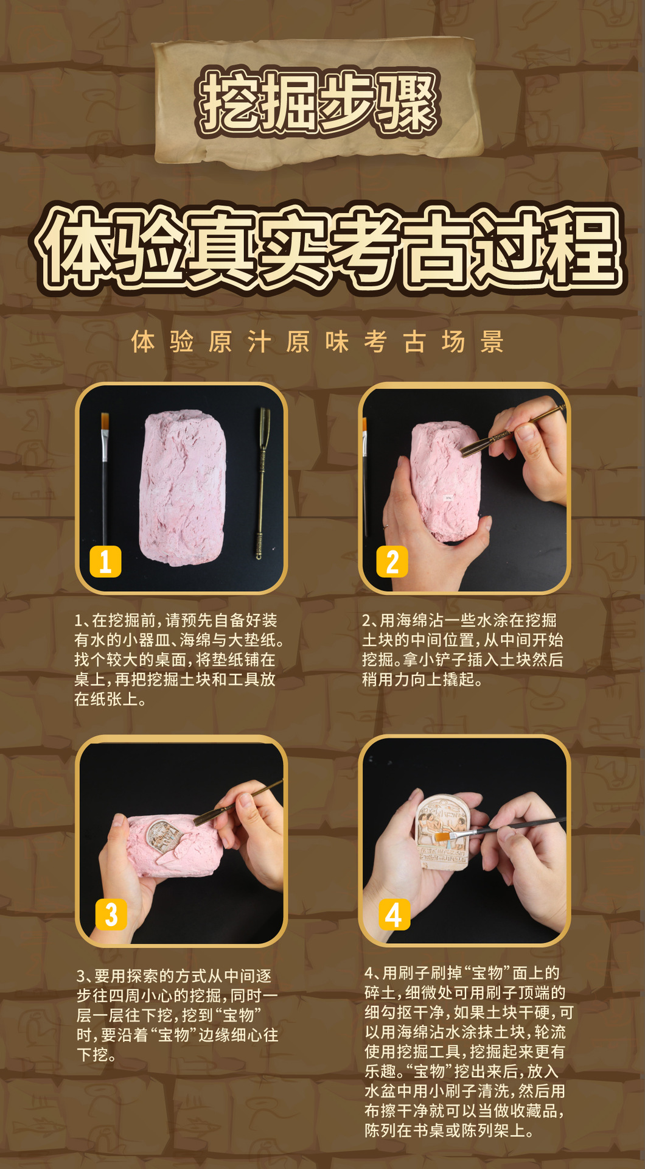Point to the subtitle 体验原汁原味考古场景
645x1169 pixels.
point(318,342)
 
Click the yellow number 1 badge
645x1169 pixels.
point(105,561)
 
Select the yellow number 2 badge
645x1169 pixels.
point(392,561)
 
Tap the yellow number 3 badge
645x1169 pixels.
point(111,914)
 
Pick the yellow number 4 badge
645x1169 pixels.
point(394,914)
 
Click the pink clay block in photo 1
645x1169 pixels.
point(183,488)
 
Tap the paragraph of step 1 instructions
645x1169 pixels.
point(179,660)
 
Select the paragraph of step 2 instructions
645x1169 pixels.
point(462,650)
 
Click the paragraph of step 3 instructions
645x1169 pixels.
point(177,1015)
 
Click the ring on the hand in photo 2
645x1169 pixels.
point(386,524)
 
